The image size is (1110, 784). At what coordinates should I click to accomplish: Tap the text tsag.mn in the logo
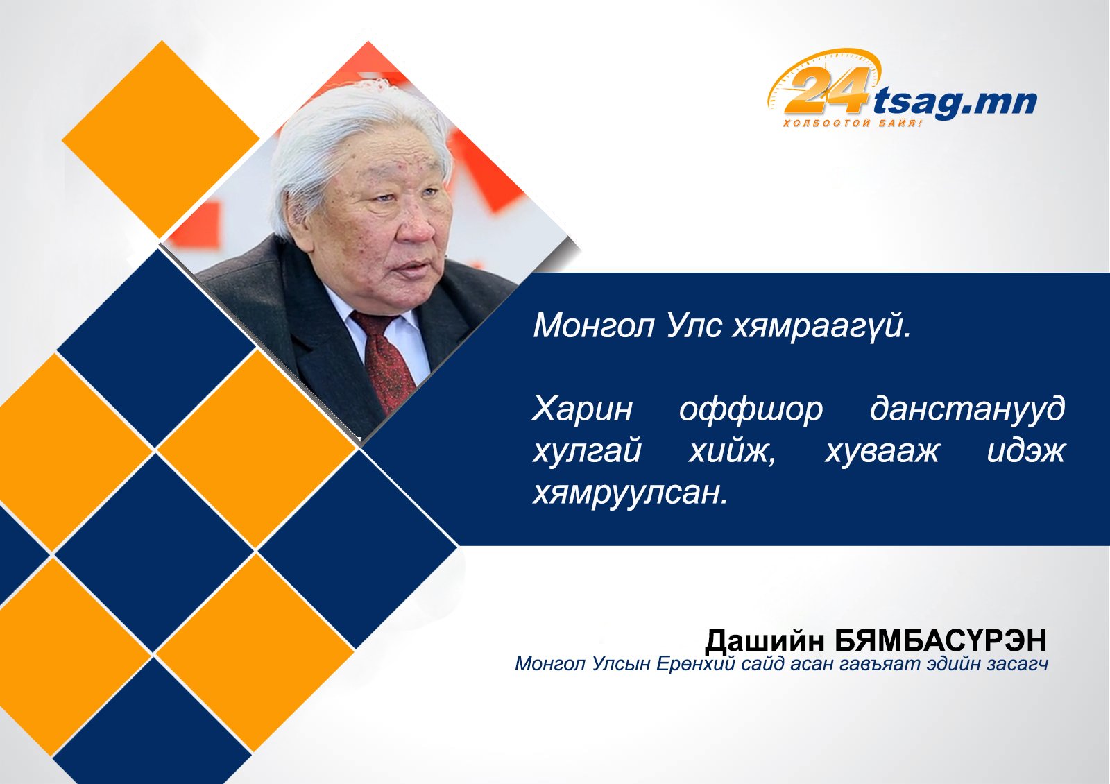click(x=955, y=103)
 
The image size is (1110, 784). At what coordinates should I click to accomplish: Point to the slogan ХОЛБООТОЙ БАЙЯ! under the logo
click(x=853, y=123)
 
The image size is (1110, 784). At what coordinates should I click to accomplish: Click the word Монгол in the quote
click(x=594, y=325)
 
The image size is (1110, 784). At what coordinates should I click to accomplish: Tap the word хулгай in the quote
click(x=587, y=452)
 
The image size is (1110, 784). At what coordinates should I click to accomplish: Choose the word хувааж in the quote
click(x=882, y=452)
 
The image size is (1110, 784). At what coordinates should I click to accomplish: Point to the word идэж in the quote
click(x=1026, y=452)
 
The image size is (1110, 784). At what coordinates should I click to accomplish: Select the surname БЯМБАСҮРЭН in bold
click(x=941, y=640)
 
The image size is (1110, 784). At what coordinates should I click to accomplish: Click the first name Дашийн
click(x=765, y=640)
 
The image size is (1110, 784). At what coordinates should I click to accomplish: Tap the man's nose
click(x=416, y=225)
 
